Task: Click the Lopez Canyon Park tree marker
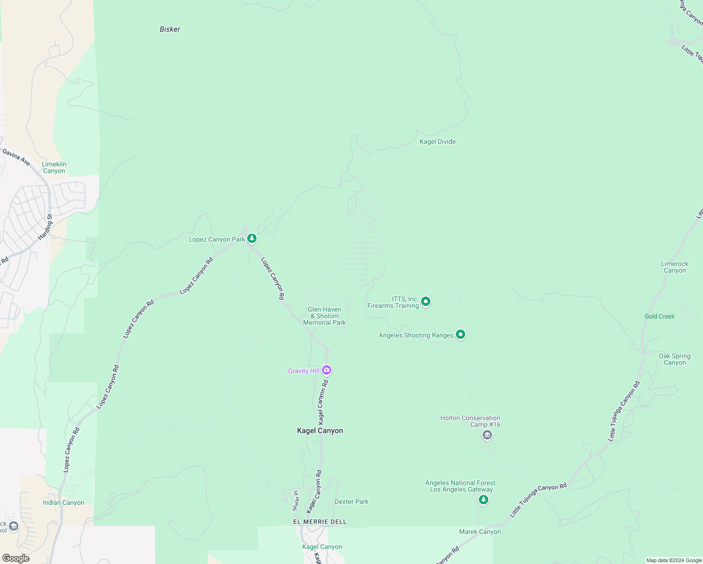(252, 239)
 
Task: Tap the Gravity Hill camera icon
(327, 370)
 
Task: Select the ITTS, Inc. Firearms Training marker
(426, 301)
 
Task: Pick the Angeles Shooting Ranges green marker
(461, 335)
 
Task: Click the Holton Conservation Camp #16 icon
(487, 435)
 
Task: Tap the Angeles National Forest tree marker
(484, 500)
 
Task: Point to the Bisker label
(170, 29)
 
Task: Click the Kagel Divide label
(437, 141)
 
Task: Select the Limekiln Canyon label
(54, 168)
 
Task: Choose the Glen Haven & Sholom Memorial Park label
(324, 316)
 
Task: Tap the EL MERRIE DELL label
(320, 522)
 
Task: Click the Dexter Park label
(351, 501)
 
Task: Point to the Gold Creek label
(659, 316)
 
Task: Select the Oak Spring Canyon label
(674, 359)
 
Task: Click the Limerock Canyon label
(674, 267)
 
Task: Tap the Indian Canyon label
(63, 502)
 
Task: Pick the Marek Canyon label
(480, 532)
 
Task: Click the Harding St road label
(46, 227)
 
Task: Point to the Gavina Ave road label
(16, 157)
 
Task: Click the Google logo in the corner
(16, 558)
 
